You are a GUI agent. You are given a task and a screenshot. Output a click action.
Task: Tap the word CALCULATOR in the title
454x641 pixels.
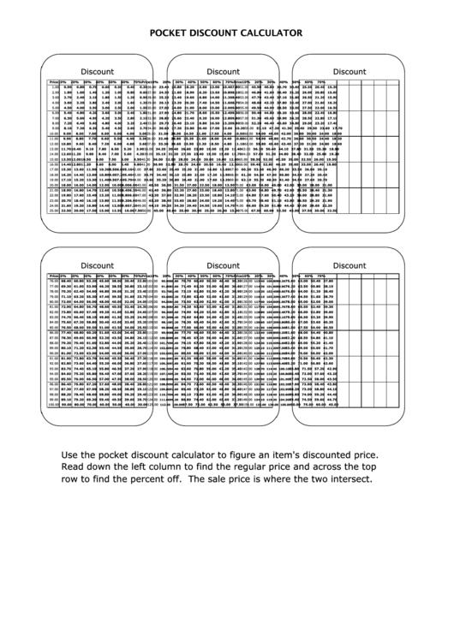268,33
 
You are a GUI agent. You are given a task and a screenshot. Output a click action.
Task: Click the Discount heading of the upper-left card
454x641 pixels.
97,71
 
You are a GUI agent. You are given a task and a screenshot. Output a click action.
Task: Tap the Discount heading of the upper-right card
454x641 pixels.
349,71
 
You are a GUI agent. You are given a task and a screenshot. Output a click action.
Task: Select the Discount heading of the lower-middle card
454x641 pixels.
223,265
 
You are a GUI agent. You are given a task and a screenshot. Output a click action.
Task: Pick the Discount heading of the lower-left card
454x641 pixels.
97,265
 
